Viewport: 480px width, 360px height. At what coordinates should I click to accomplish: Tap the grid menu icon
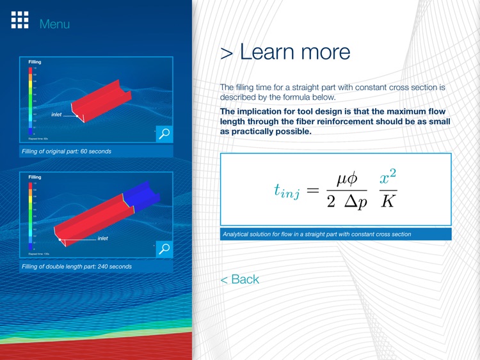pos(20,20)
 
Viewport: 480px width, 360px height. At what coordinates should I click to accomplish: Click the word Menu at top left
pos(54,24)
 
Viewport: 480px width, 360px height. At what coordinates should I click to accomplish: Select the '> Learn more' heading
pos(285,52)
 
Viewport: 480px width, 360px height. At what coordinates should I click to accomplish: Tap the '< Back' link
pos(239,279)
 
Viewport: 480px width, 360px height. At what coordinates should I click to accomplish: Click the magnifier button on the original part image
pos(164,134)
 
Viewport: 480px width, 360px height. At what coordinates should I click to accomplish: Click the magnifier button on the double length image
pos(164,249)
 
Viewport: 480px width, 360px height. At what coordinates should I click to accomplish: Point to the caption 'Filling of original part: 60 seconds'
pos(66,152)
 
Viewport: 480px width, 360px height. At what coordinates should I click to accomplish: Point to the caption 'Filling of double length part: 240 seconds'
pos(76,267)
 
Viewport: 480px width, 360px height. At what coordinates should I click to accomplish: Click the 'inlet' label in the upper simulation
pos(57,115)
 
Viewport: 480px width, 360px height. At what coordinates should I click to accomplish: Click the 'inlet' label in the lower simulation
pos(102,239)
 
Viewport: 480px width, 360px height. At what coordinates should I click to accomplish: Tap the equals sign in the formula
pos(312,189)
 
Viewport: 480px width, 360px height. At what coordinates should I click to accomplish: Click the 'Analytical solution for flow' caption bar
pos(335,234)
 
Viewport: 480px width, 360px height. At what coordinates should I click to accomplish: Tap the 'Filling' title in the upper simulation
pos(35,62)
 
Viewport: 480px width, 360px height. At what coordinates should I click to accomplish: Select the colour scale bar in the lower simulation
pos(30,214)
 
